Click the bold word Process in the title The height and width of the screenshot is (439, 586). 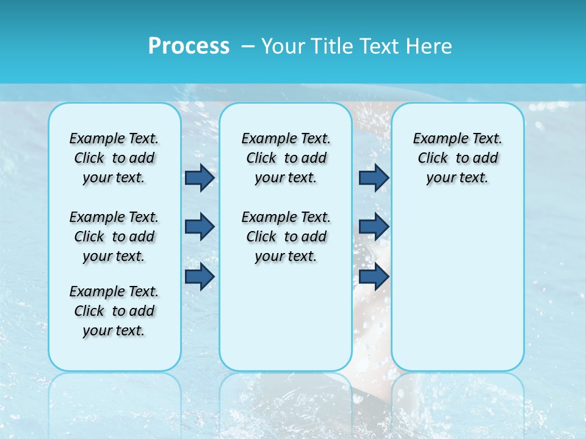tap(189, 46)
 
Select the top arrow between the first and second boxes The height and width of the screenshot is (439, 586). tap(200, 178)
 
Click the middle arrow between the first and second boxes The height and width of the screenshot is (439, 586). tap(200, 227)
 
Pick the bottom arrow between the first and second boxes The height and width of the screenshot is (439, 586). tap(200, 276)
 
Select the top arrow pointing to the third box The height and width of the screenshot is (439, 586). tap(374, 178)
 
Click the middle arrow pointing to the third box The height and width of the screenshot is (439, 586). tap(374, 227)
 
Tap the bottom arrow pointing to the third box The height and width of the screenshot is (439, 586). tap(374, 276)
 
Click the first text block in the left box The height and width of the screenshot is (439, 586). tap(114, 158)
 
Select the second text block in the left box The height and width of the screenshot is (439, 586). tap(114, 237)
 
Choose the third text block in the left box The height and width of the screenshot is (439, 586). tap(114, 311)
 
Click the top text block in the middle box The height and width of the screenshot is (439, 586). tap(286, 158)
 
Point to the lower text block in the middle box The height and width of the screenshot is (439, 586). tap(286, 237)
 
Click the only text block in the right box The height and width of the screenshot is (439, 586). tap(457, 158)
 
